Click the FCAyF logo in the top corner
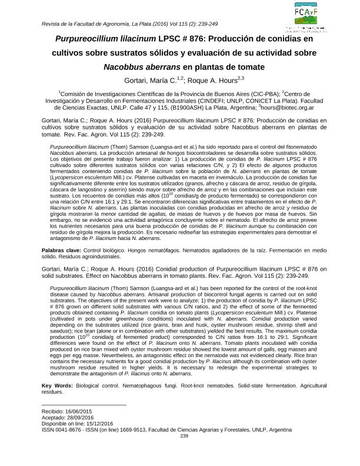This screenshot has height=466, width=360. coord(306,15)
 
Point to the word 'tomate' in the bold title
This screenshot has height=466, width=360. coord(244,66)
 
